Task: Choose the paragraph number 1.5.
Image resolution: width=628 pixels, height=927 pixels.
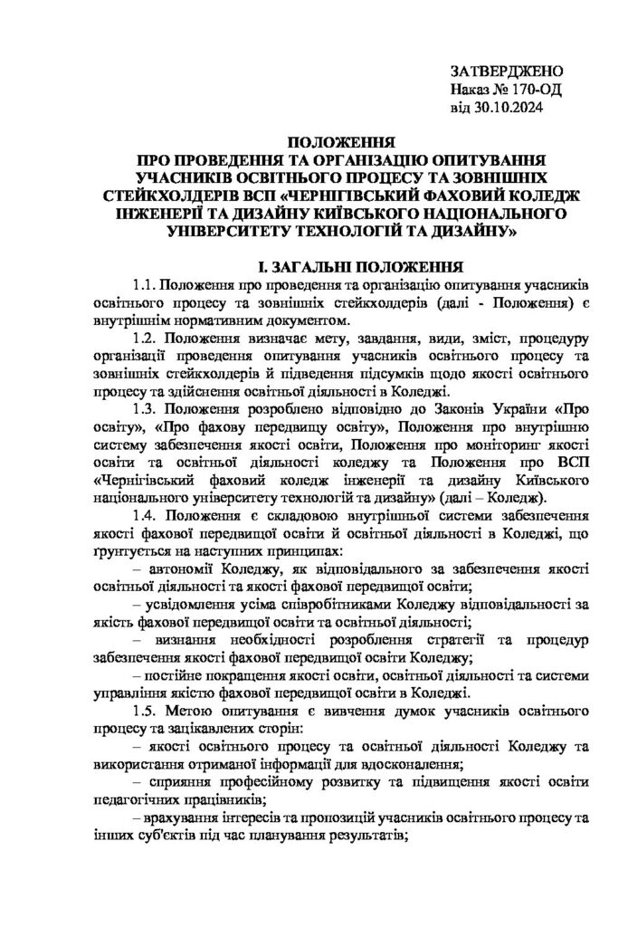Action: [x=147, y=704]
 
